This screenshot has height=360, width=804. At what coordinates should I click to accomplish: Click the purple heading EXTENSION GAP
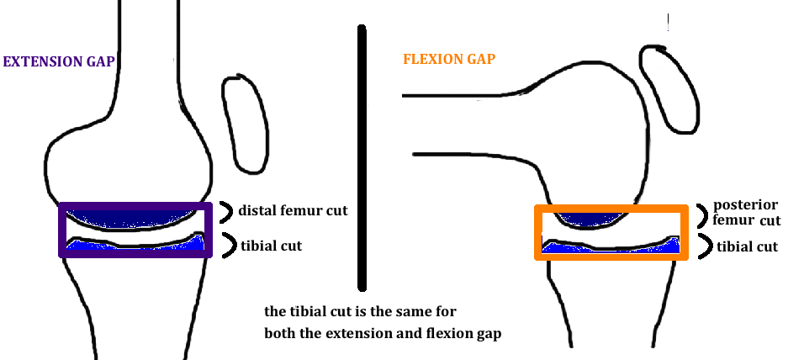click(x=58, y=61)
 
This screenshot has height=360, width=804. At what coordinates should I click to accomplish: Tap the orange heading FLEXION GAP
click(x=449, y=60)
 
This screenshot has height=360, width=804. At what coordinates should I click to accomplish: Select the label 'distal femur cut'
click(x=293, y=210)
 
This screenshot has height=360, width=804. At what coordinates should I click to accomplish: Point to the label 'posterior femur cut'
click(x=747, y=214)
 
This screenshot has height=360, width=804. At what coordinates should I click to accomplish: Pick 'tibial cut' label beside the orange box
click(x=747, y=246)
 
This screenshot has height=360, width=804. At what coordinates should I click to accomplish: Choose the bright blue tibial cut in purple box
click(x=135, y=246)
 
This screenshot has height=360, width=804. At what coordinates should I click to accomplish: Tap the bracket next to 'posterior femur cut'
click(x=703, y=214)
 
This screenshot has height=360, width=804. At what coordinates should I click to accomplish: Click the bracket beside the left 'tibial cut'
click(x=227, y=246)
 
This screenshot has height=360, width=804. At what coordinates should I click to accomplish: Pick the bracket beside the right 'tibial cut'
click(x=702, y=246)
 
